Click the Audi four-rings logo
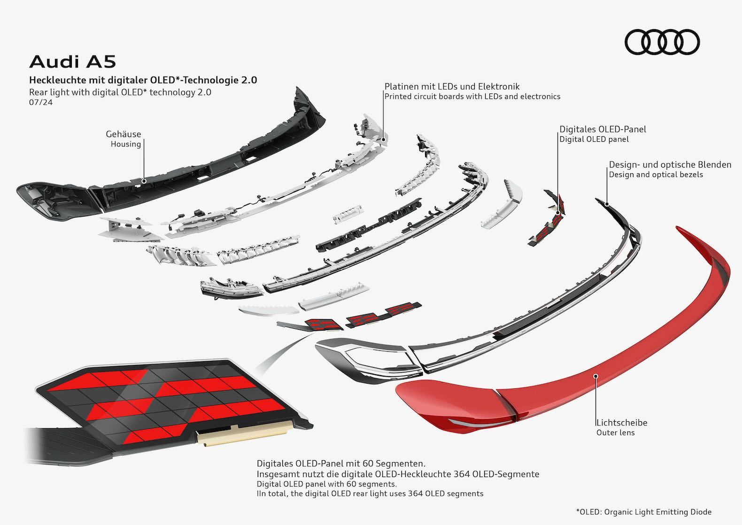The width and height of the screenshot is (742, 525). coord(662,42)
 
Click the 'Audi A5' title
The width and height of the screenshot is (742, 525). coord(72,62)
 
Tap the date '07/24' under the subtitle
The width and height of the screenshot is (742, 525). coord(41,102)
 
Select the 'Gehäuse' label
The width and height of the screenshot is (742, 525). coord(123,134)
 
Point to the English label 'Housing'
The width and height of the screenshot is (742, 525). coord(125,144)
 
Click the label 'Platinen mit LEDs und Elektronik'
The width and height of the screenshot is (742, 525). coord(452,86)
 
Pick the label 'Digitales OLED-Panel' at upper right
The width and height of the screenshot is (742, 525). coord(603,129)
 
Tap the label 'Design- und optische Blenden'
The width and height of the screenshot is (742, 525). coord(670,165)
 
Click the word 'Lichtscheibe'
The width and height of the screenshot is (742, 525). coord(622,423)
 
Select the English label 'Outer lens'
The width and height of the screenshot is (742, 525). coord(616,432)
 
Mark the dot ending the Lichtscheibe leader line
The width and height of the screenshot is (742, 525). coord(595,376)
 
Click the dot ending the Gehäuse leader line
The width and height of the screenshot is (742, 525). coord(144,181)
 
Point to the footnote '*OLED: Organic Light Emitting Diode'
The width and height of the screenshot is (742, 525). coord(644,512)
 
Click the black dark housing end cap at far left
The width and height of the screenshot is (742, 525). coord(54,202)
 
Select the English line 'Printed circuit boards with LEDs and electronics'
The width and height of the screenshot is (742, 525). coord(472,97)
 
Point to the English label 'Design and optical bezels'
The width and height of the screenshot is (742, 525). coord(656,175)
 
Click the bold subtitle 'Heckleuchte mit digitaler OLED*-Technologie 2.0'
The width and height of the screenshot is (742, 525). coord(143,80)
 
